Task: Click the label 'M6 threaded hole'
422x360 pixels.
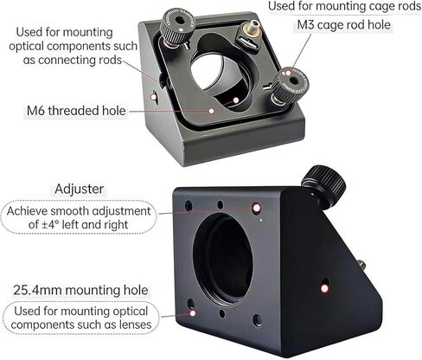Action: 76,111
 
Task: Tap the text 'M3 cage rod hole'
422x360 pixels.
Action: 343,25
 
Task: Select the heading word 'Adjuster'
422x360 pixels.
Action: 79,189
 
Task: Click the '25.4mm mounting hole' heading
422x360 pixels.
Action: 80,290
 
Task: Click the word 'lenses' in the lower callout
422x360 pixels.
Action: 136,325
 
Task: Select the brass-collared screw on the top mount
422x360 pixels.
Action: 250,29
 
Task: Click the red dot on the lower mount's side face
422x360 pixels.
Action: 325,288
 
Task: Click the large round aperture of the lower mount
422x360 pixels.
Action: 223,259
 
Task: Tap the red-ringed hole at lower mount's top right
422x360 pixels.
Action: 257,209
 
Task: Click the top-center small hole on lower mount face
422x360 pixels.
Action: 221,205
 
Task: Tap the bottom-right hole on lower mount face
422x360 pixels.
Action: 258,320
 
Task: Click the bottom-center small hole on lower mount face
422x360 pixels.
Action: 221,313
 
